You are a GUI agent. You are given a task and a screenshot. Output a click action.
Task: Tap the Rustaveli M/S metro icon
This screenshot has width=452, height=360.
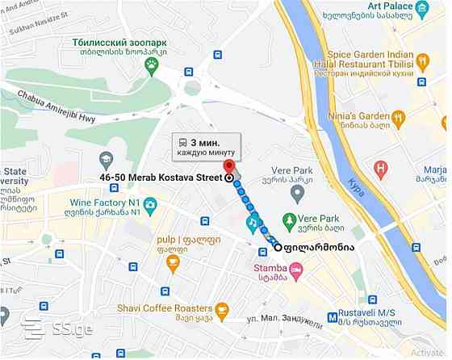[333, 317]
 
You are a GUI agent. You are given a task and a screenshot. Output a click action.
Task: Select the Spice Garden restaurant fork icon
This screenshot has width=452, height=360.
[422, 60]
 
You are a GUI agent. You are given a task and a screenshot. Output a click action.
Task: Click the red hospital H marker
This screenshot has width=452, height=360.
[380, 170]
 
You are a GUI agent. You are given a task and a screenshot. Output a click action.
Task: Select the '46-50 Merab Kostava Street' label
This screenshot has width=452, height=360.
[161, 177]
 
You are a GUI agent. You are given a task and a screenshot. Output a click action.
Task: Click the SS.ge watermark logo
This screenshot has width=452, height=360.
[57, 329]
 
